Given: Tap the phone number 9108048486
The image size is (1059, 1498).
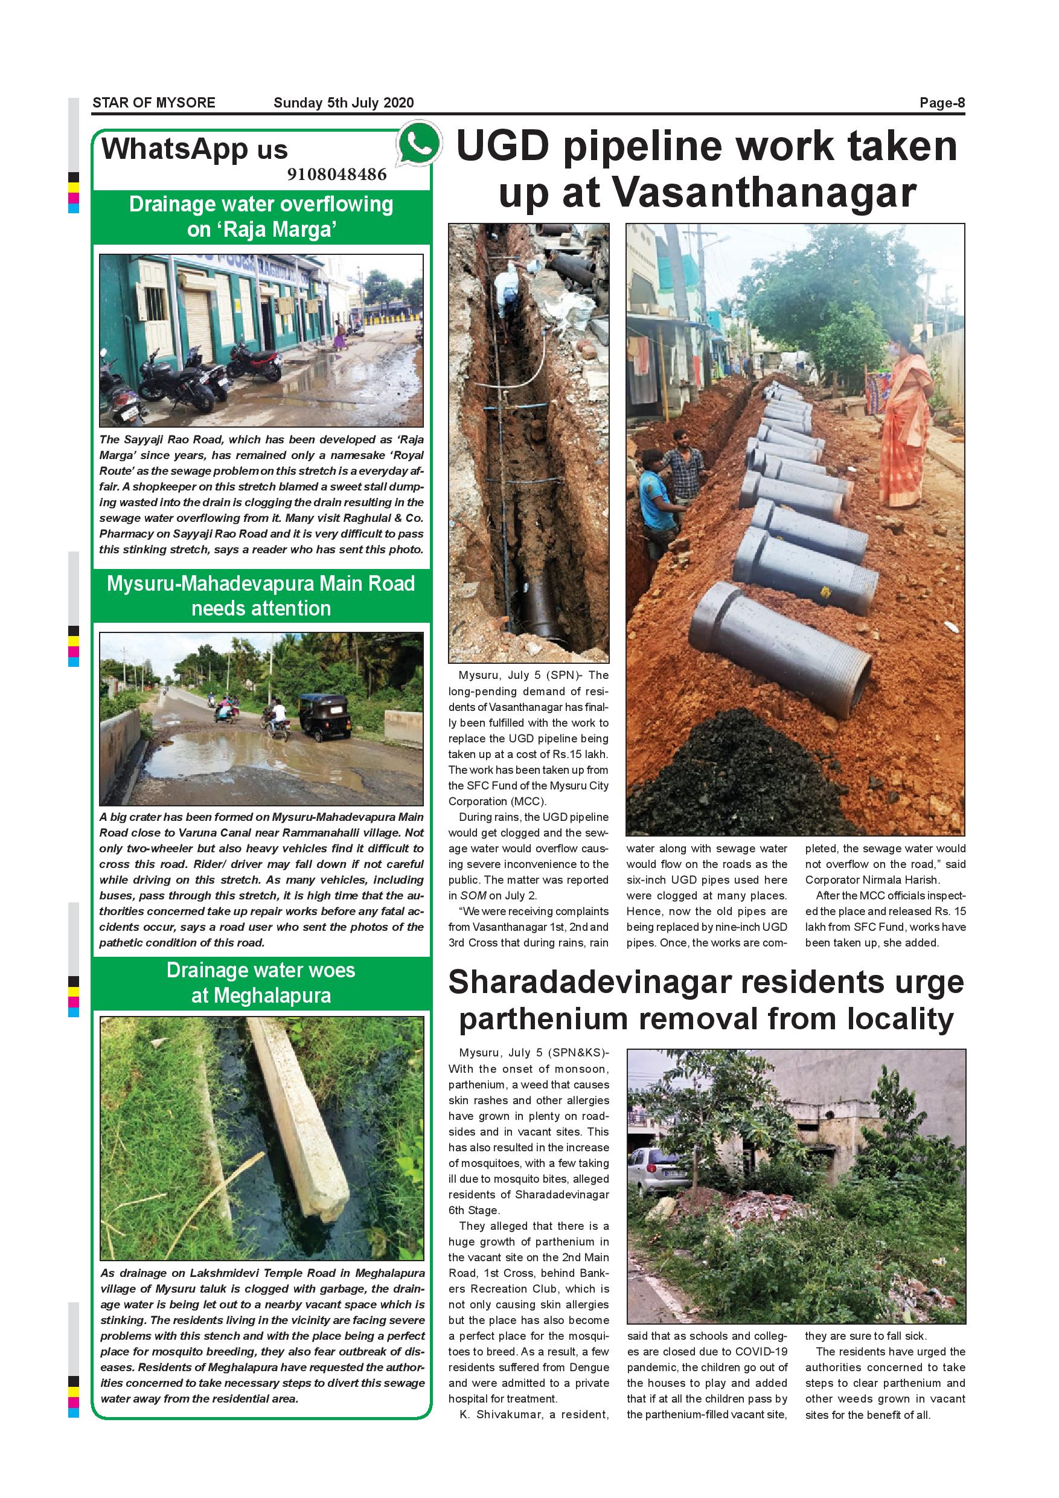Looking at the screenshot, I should point(336,174).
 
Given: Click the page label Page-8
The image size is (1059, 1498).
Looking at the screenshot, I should point(942,103).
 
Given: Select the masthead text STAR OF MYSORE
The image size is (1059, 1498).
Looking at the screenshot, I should point(154,103).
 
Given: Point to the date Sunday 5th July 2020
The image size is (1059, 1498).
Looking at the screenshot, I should point(344,103).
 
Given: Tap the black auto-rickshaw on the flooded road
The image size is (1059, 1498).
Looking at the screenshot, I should point(324,716).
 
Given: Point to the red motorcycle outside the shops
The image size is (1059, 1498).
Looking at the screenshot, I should point(255,363).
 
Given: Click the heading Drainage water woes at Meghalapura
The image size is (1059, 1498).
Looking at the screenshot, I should point(261,983).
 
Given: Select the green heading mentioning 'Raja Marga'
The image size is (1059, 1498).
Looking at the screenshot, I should point(261,217).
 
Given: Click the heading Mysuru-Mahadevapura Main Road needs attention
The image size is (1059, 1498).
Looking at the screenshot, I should point(261,596).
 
